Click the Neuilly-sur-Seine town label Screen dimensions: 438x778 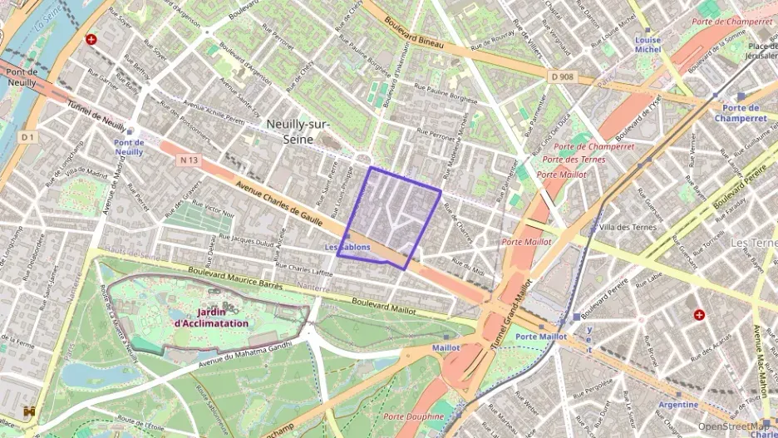pyautogui.click(x=298, y=131)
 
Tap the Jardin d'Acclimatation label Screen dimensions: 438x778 pyautogui.click(x=211, y=317)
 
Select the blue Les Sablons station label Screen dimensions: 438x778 pyautogui.click(x=347, y=247)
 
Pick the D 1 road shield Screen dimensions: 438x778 pyautogui.click(x=28, y=136)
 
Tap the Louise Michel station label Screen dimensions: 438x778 pyautogui.click(x=648, y=45)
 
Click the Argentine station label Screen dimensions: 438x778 pyautogui.click(x=678, y=405)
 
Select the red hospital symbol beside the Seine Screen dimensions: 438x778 pyautogui.click(x=91, y=39)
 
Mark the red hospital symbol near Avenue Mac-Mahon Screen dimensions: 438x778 pyautogui.click(x=699, y=315)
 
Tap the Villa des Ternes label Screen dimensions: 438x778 pyautogui.click(x=627, y=227)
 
